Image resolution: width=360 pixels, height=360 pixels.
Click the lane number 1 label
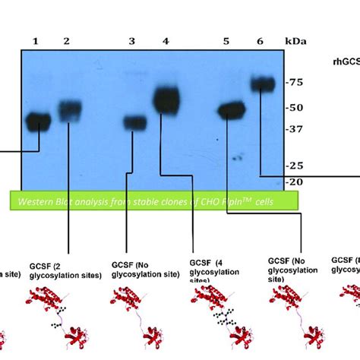[35, 40]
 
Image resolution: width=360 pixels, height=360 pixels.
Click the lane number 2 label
[67, 40]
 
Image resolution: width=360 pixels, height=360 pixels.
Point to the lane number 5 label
[226, 40]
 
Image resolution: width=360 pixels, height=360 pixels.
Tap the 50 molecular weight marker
[293, 108]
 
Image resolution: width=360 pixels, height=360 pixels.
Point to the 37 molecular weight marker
[293, 129]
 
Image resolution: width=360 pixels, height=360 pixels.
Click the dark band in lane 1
[35, 120]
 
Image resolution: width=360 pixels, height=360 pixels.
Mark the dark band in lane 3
[135, 122]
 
